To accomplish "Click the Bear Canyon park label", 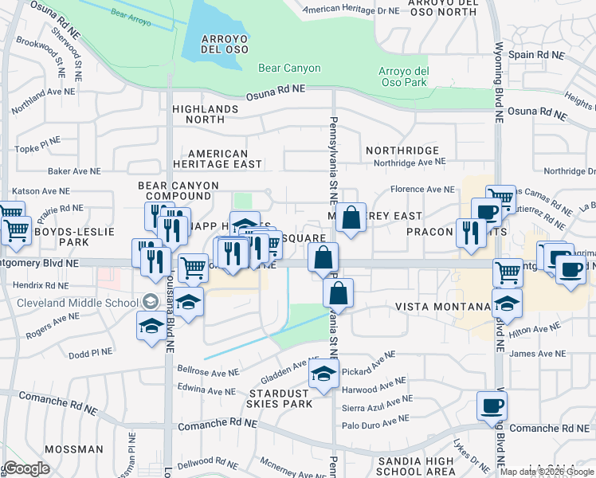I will point(289,69).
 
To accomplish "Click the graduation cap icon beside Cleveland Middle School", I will point(151,302).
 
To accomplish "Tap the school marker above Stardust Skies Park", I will point(323,374).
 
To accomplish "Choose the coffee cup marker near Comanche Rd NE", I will point(492,407).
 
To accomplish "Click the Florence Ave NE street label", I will point(422,190).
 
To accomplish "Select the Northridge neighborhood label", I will point(402,150).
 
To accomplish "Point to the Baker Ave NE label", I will point(74,171).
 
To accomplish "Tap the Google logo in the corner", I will point(25,469).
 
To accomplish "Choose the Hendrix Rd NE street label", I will point(41,284).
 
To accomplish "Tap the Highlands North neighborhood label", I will point(205,114).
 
